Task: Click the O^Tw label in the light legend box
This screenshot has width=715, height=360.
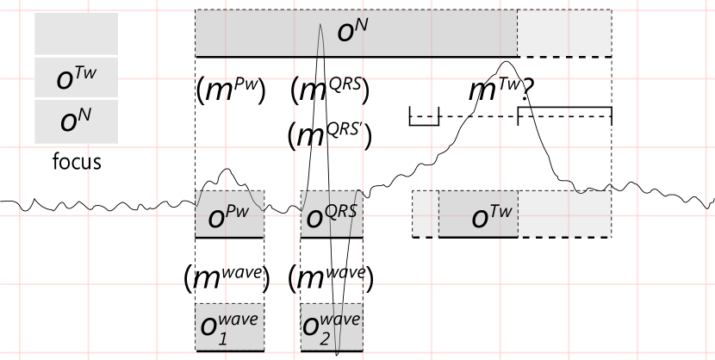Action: (76, 78)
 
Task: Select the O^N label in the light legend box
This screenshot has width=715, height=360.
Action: (76, 121)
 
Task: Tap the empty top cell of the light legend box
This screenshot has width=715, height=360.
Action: (76, 34)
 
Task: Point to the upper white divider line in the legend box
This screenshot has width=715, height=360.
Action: (78, 56)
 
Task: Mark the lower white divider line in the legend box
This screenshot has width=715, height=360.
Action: (78, 98)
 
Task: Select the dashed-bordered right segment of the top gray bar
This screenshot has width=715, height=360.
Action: (564, 33)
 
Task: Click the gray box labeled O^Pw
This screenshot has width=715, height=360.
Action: (229, 214)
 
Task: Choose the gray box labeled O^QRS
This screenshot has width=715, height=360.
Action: (332, 214)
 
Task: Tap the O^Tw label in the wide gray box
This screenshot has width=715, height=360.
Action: (492, 217)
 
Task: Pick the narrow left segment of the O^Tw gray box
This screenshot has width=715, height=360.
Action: (426, 214)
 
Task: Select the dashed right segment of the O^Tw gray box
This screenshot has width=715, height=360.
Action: (564, 214)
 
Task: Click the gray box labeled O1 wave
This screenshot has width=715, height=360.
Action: (229, 326)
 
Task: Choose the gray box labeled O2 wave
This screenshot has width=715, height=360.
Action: (332, 326)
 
